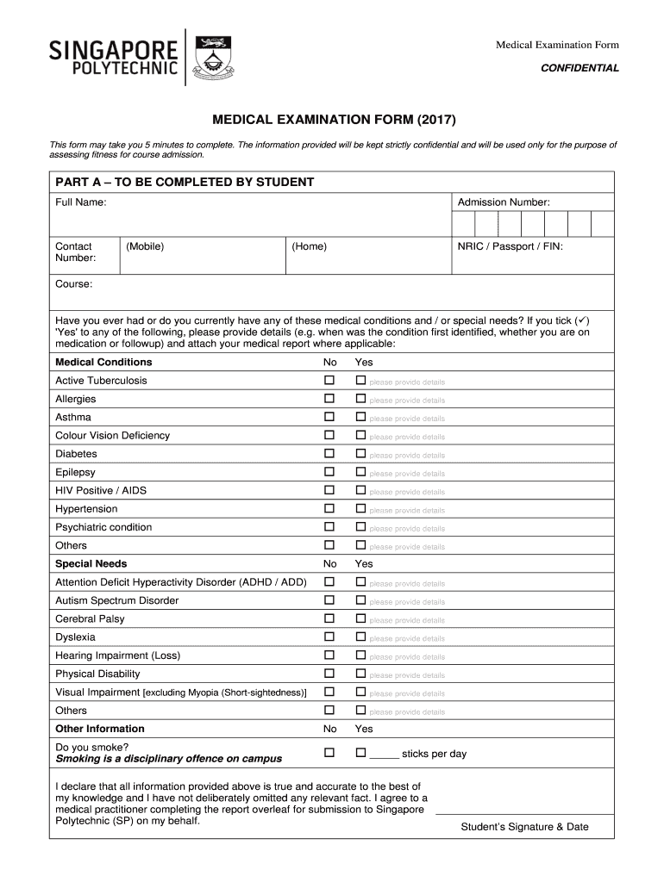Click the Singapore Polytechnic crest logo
pyautogui.click(x=213, y=57)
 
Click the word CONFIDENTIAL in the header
pyautogui.click(x=579, y=68)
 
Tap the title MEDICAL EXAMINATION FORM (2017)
pyautogui.click(x=331, y=118)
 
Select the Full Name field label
pyautogui.click(x=81, y=202)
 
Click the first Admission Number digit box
pyautogui.click(x=463, y=225)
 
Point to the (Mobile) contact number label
pyautogui.click(x=145, y=246)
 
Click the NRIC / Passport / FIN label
pyautogui.click(x=510, y=246)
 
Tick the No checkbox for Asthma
pyautogui.click(x=329, y=418)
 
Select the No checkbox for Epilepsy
pyautogui.click(x=329, y=472)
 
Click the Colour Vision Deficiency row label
pyautogui.click(x=113, y=436)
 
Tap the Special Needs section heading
pyautogui.click(x=91, y=564)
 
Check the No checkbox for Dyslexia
pyautogui.click(x=329, y=637)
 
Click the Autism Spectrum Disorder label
pyautogui.click(x=117, y=600)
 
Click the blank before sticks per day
pyautogui.click(x=384, y=755)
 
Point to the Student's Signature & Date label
pyautogui.click(x=524, y=827)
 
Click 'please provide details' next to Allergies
pyautogui.click(x=407, y=401)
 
